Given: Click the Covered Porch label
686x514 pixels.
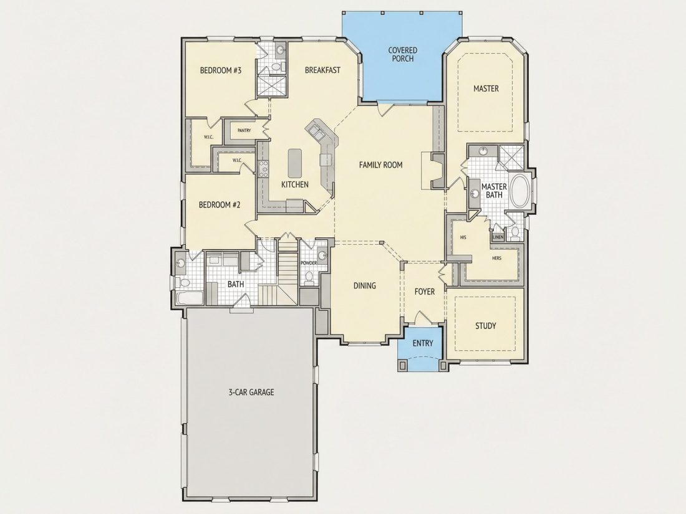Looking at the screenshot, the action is point(402,55).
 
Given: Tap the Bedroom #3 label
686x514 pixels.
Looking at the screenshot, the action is point(221,70).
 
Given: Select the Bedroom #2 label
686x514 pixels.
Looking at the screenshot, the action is point(219,205).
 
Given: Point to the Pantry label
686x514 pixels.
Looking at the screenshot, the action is point(244,130).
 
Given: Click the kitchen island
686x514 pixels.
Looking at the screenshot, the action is point(295,163).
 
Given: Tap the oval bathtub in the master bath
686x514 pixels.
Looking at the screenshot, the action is point(519,191).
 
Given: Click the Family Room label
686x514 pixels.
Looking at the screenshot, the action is point(380,164).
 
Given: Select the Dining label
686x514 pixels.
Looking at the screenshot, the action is point(364,286).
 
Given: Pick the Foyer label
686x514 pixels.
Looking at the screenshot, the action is point(424,292).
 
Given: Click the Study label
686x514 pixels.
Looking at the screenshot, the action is point(486,326).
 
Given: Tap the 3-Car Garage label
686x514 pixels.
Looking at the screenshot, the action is point(251,393).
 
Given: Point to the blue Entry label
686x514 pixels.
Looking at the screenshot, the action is point(423,343).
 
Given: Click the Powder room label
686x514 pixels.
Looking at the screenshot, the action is point(309,263).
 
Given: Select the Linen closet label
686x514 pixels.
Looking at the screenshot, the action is point(498,237).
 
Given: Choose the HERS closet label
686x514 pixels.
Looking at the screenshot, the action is point(496,259).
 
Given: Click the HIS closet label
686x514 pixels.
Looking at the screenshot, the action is point(463,238).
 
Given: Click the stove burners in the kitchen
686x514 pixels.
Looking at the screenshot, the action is point(263,169).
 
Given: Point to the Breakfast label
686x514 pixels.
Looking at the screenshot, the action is point(322,70).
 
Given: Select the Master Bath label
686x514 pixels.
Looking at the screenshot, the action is point(494,191).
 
